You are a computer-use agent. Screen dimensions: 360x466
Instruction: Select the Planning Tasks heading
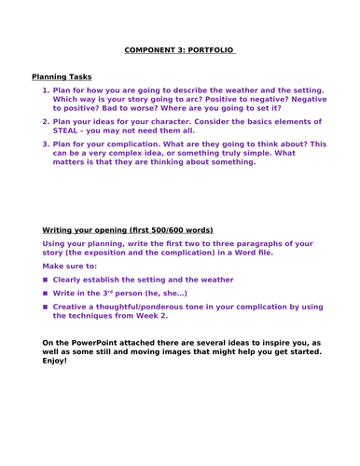[62, 76]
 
